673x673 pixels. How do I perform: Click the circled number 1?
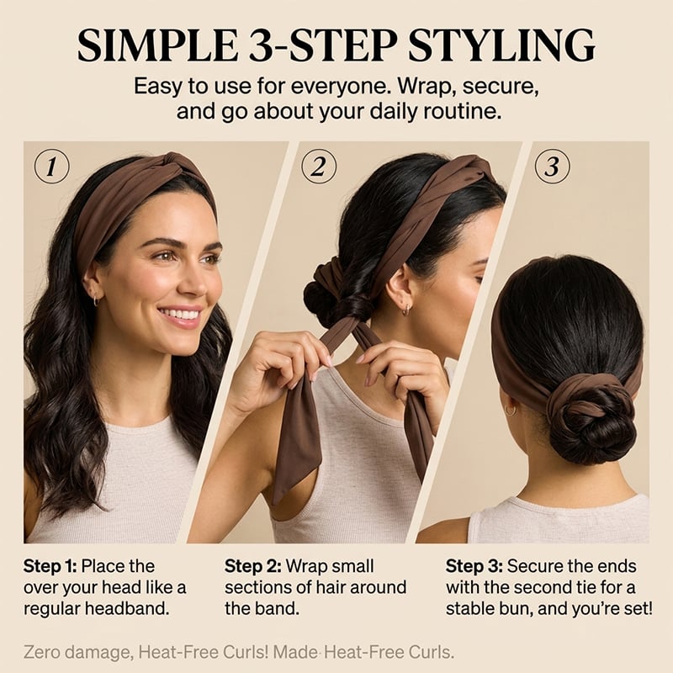point(51,167)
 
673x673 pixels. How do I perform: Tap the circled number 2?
point(319,167)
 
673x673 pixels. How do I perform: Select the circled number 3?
point(553,167)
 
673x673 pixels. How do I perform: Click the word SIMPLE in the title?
point(157,46)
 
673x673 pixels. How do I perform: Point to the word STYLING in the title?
point(501,46)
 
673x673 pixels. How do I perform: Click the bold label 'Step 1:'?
point(50,566)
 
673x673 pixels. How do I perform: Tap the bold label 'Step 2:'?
point(253,566)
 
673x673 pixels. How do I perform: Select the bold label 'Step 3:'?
point(474,566)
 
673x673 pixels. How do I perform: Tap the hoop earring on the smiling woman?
point(95,300)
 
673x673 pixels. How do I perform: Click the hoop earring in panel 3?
point(511,410)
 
